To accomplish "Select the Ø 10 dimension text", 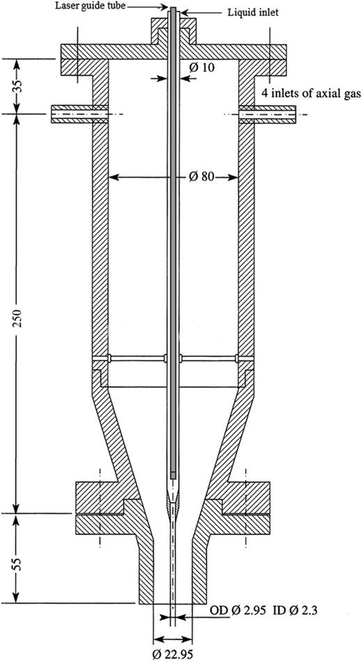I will (x=200, y=68).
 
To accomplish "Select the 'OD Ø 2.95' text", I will (x=234, y=612).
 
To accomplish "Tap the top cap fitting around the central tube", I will (x=173, y=35).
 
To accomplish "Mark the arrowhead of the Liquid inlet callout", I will (x=180, y=11).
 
